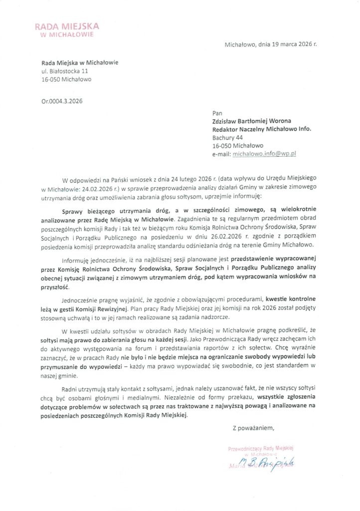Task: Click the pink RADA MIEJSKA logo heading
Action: (x=67, y=26)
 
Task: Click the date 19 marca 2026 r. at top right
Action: (x=287, y=44)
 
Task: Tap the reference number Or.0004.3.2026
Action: (x=62, y=101)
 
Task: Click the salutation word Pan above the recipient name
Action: (x=217, y=113)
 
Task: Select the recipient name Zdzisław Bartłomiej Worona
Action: (x=254, y=121)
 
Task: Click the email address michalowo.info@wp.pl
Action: (x=264, y=154)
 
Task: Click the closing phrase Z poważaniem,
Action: (x=253, y=427)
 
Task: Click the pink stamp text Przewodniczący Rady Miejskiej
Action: (x=262, y=449)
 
